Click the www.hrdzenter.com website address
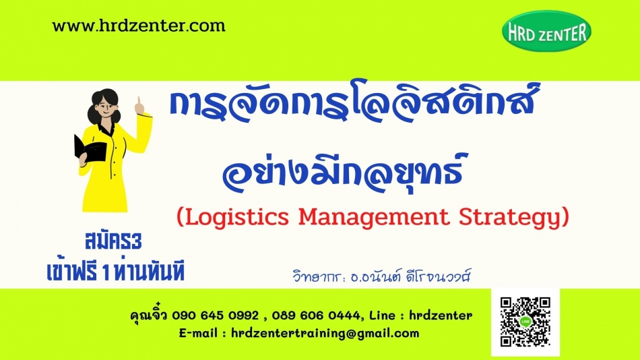click(139, 26)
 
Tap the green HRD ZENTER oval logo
click(546, 31)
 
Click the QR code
click(525, 322)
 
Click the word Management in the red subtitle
click(373, 217)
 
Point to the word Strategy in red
click(509, 217)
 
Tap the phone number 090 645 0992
click(215, 316)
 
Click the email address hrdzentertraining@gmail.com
click(325, 334)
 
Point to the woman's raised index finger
click(139, 101)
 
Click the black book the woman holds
click(90, 148)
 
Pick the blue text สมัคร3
click(113, 241)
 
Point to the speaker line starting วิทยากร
click(382, 276)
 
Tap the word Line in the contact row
click(383, 316)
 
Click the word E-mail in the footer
click(198, 334)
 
